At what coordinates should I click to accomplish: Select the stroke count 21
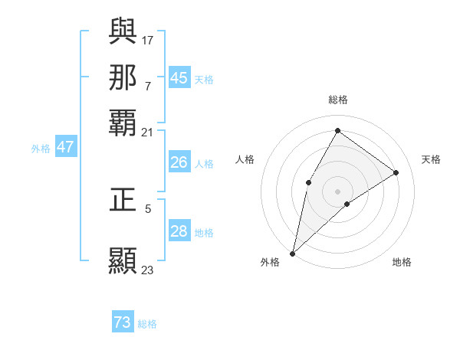pos(148,132)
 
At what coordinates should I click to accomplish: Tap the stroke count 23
pos(148,270)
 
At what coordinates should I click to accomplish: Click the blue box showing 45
pos(179,78)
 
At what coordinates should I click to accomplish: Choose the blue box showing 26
pos(179,162)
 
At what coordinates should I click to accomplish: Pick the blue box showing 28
pos(179,232)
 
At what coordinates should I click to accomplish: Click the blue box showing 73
pos(123,322)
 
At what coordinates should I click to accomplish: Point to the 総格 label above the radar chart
pos(337,100)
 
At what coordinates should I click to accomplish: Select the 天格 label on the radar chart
pos(431,159)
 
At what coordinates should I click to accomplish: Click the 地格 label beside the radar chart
pos(402,262)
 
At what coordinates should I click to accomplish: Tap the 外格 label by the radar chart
pos(270,262)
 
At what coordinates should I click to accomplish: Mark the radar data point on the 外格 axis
pos(292,253)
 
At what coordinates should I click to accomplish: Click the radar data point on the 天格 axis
pos(396,172)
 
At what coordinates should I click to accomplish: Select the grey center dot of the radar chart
pos(337,191)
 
